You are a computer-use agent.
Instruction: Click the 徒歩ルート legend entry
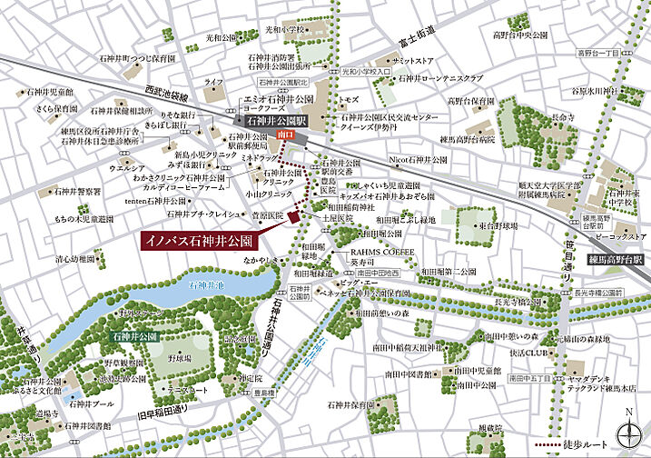point(598,447)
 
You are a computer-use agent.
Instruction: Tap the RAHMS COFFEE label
point(381,254)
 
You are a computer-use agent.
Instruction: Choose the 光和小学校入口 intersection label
point(366,69)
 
